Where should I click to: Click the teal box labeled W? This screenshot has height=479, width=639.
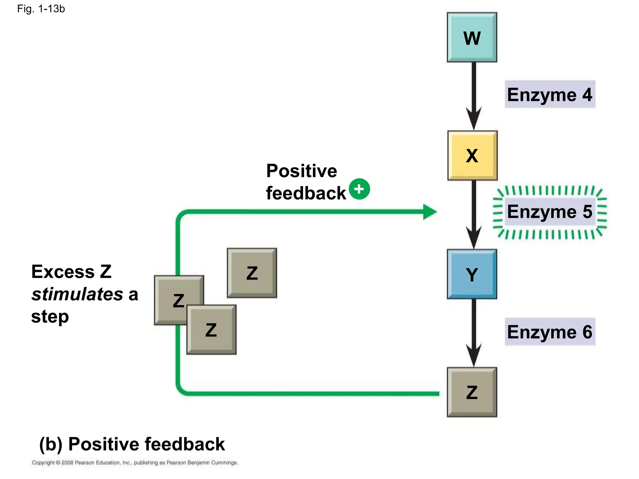pyautogui.click(x=472, y=37)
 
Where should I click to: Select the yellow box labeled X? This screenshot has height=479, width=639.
pyautogui.click(x=472, y=155)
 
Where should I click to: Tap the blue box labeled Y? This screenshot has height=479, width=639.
pyautogui.click(x=472, y=274)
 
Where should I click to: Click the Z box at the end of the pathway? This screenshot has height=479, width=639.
pyautogui.click(x=472, y=392)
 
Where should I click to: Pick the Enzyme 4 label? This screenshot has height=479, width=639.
pyautogui.click(x=550, y=94)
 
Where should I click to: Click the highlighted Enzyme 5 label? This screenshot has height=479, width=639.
pyautogui.click(x=550, y=212)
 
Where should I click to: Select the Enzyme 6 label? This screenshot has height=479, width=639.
pyautogui.click(x=550, y=332)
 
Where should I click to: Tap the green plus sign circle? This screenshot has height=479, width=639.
pyautogui.click(x=359, y=189)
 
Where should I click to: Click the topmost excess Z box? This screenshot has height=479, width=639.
pyautogui.click(x=252, y=273)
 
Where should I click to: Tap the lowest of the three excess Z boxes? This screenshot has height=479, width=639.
pyautogui.click(x=211, y=330)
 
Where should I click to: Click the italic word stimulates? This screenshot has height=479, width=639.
pyautogui.click(x=77, y=294)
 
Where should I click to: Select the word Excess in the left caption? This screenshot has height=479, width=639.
pyautogui.click(x=63, y=272)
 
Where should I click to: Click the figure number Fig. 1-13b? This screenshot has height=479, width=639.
pyautogui.click(x=41, y=9)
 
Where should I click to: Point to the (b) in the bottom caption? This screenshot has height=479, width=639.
pyautogui.click(x=51, y=444)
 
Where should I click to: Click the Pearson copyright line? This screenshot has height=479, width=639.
pyautogui.click(x=134, y=462)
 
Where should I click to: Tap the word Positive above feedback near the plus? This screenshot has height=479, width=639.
pyautogui.click(x=301, y=171)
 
